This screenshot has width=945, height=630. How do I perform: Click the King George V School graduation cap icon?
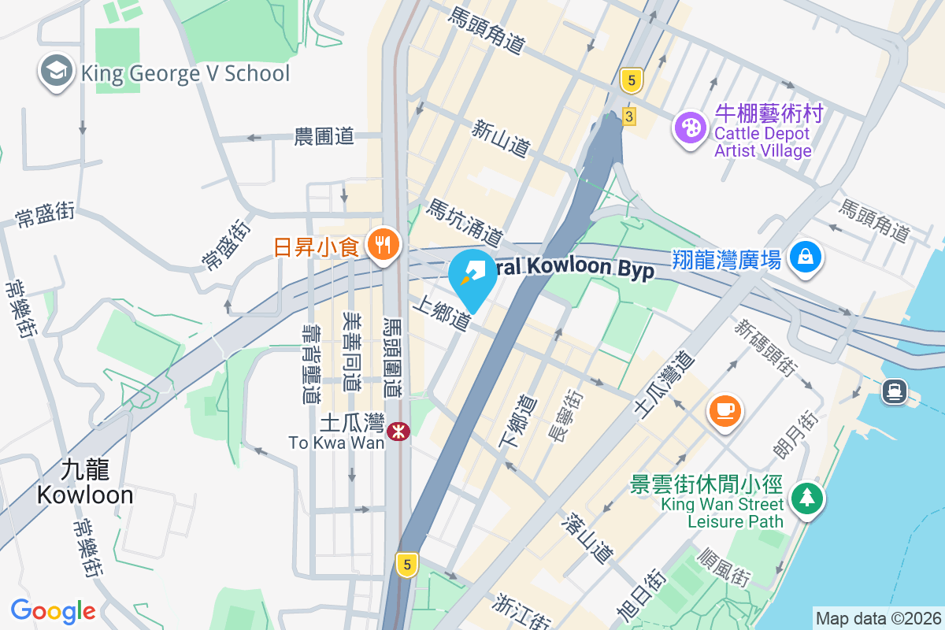tap(57, 72)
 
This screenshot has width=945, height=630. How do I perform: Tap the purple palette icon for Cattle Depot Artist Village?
tap(690, 128)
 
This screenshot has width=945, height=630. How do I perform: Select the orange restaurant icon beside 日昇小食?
tap(384, 245)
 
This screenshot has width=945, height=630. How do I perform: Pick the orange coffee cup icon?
tap(724, 410)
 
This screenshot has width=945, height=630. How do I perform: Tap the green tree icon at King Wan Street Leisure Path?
tap(806, 498)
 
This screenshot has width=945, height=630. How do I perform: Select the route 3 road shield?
tap(628, 117)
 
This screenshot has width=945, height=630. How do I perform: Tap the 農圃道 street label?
tap(324, 136)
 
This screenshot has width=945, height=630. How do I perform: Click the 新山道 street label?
tap(501, 137)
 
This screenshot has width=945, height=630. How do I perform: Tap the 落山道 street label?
tap(588, 538)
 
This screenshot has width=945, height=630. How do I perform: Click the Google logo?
tap(53, 610)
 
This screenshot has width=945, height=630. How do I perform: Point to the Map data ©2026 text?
tap(877, 618)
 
